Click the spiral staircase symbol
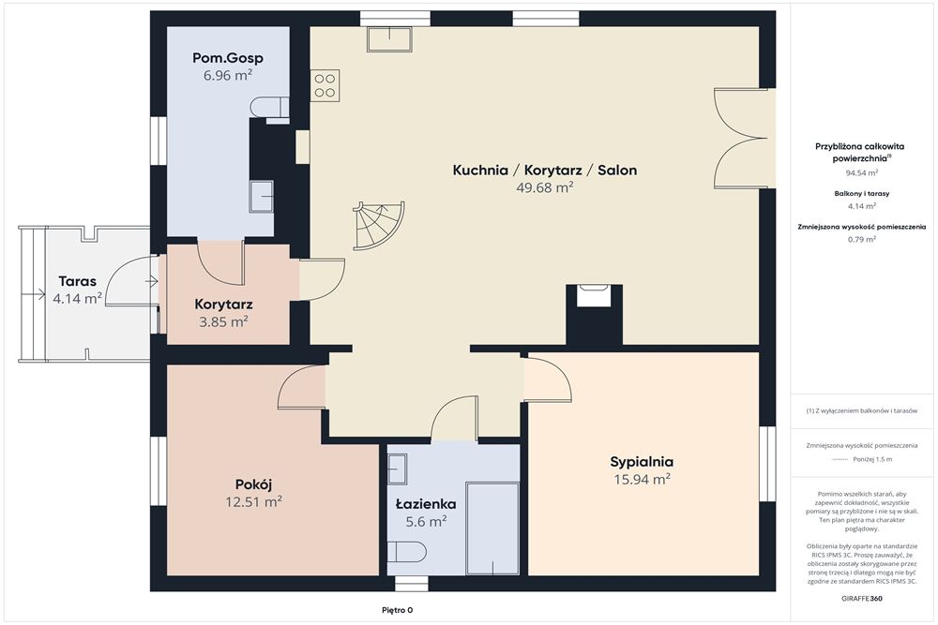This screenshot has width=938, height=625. [378, 225]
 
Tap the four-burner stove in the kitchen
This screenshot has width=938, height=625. [325, 85]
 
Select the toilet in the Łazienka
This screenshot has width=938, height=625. [407, 552]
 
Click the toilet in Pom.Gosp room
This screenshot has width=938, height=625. [268, 108]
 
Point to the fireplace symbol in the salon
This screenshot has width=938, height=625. [594, 295]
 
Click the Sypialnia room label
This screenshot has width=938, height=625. [642, 461]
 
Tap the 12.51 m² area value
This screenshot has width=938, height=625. [253, 501]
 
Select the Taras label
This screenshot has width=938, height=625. [77, 281]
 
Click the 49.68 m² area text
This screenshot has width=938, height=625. [545, 187]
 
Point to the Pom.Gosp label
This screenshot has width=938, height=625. [227, 58]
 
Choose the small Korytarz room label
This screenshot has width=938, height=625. [223, 305]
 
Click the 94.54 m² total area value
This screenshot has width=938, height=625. [861, 173]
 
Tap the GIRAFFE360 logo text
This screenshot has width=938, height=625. [861, 598]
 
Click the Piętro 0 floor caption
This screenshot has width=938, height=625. [397, 610]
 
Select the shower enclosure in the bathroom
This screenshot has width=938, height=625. [492, 528]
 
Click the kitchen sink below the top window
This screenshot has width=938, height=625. [389, 38]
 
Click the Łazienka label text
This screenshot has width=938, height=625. [426, 504]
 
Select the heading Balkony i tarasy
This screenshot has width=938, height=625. [861, 194]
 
